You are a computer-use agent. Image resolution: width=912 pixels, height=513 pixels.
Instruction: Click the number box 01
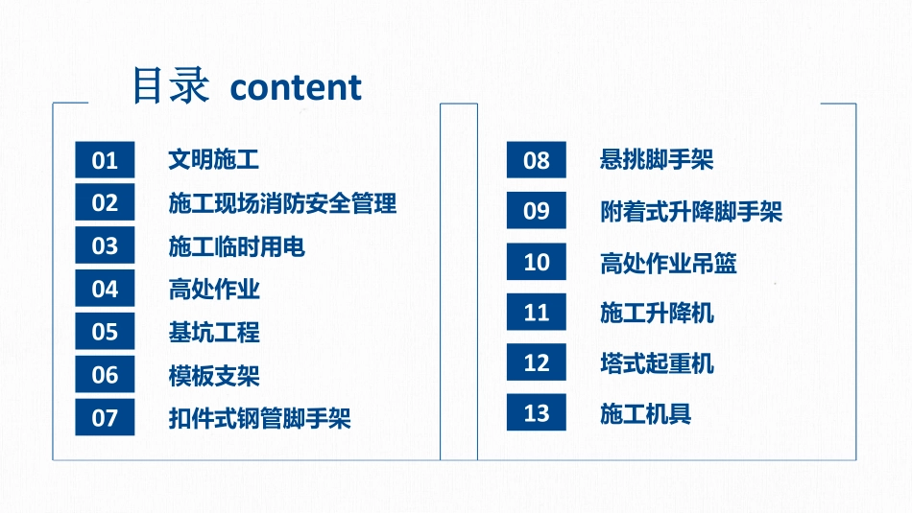pyautogui.click(x=105, y=160)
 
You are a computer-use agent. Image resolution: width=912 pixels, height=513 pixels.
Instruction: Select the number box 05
pyautogui.click(x=105, y=332)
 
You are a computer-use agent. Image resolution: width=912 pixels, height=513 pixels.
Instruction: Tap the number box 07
pyautogui.click(x=105, y=418)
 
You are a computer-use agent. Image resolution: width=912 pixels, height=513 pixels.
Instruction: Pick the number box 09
pyautogui.click(x=537, y=211)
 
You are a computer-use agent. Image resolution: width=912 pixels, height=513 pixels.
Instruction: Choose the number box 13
pyautogui.click(x=537, y=413)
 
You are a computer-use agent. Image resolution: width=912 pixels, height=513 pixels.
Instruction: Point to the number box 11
pyautogui.click(x=537, y=313)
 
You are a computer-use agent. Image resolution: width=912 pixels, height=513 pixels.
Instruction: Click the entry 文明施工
pyautogui.click(x=213, y=160)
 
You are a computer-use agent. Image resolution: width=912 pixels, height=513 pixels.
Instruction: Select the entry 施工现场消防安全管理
pyautogui.click(x=282, y=203)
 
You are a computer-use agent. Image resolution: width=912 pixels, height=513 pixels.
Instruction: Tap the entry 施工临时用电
pyautogui.click(x=236, y=246)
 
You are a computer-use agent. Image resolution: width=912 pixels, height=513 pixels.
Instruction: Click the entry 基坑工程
pyautogui.click(x=213, y=333)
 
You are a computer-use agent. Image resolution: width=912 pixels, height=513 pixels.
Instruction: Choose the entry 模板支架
pyautogui.click(x=213, y=376)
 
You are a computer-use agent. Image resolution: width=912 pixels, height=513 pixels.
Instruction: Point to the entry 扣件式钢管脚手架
pyautogui.click(x=259, y=419)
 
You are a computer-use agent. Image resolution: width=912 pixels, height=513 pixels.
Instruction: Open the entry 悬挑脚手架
pyautogui.click(x=657, y=160)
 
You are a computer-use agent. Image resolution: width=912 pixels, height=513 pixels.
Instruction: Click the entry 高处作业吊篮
pyautogui.click(x=668, y=263)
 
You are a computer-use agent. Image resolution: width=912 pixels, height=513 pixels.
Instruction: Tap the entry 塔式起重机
pyautogui.click(x=657, y=363)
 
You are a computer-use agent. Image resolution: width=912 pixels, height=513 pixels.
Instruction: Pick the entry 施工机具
pyautogui.click(x=645, y=414)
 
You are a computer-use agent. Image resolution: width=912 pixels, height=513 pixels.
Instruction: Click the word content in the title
pyautogui.click(x=297, y=87)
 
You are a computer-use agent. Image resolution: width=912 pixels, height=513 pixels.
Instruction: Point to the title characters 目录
pyautogui.click(x=170, y=85)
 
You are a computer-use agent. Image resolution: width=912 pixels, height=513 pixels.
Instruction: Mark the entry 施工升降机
pyautogui.click(x=657, y=313)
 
